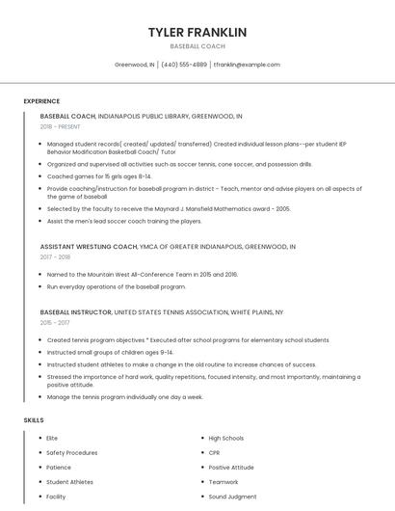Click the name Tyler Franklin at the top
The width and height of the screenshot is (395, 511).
click(x=197, y=32)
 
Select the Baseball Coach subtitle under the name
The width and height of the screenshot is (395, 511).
click(x=197, y=46)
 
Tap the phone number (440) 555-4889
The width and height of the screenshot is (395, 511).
click(x=183, y=65)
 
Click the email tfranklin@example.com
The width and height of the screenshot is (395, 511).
click(x=247, y=65)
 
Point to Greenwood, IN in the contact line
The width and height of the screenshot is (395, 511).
click(x=135, y=65)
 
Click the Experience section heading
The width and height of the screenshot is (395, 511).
click(x=41, y=101)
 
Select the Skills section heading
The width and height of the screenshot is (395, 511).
click(x=34, y=420)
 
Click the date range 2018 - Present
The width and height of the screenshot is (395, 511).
click(x=61, y=126)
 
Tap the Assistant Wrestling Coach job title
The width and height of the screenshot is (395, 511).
click(x=89, y=247)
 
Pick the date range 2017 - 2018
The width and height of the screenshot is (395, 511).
click(x=56, y=257)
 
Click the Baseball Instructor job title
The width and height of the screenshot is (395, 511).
click(x=76, y=313)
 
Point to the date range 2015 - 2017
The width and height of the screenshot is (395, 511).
click(x=56, y=324)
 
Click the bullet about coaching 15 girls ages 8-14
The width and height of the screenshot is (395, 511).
click(x=99, y=176)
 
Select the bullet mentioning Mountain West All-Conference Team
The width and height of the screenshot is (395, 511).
click(x=143, y=274)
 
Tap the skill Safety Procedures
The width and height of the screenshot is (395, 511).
click(x=72, y=452)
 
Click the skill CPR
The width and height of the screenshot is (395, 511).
click(x=215, y=452)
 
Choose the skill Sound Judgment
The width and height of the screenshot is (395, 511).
click(x=232, y=497)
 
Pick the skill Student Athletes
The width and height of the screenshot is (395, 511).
click(x=70, y=481)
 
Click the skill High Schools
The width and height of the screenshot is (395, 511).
click(x=226, y=438)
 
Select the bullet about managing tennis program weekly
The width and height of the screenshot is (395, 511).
click(x=125, y=396)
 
